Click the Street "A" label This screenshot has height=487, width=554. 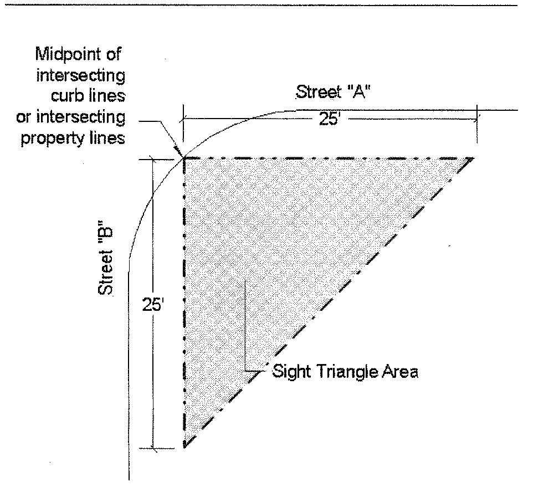333,92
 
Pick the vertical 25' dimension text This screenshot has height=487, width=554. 151,306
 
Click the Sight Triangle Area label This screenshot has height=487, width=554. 345,371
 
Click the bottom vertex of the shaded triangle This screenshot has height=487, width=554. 184,447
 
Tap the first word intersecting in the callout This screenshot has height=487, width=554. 80,75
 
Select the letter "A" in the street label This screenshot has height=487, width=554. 361,92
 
